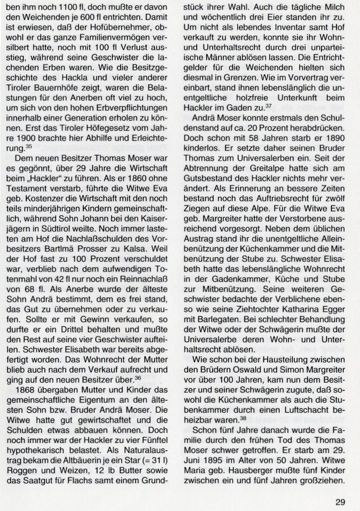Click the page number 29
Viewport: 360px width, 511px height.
[341, 489]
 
